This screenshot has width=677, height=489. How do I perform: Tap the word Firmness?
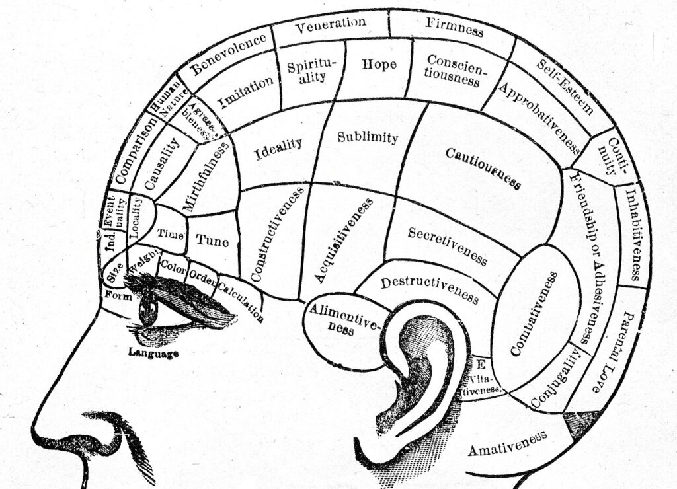pyautogui.click(x=454, y=27)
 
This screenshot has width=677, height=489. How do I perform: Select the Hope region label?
pyautogui.click(x=379, y=64)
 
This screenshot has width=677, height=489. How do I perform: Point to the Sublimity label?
pyautogui.click(x=368, y=137)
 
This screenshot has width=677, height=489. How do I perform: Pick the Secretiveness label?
pyautogui.click(x=448, y=245)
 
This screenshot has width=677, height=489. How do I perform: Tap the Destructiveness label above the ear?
pyautogui.click(x=429, y=289)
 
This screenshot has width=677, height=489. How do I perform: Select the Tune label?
pyautogui.click(x=212, y=241)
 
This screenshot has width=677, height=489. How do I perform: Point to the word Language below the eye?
pyautogui.click(x=153, y=354)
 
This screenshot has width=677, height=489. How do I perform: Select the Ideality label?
pyautogui.click(x=278, y=150)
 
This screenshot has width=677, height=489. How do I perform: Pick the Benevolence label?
pyautogui.click(x=229, y=53)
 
